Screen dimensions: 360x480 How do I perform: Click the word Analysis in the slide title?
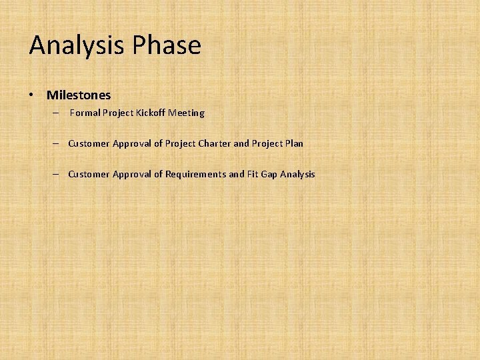tap(77, 46)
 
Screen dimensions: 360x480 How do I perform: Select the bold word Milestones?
tap(79, 95)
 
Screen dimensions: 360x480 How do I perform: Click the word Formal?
tap(85, 113)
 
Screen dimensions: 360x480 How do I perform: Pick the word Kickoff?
tap(151, 113)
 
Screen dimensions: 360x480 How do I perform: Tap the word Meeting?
tap(186, 113)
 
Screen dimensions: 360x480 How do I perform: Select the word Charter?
tap(214, 143)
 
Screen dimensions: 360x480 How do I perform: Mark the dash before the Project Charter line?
tap(57, 143)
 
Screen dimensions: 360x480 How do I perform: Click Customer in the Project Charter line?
tap(89, 143)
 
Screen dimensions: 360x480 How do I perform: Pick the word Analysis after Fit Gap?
tap(297, 174)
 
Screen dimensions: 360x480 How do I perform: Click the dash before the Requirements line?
tap(57, 174)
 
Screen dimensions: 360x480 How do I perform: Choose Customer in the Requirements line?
tap(89, 174)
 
